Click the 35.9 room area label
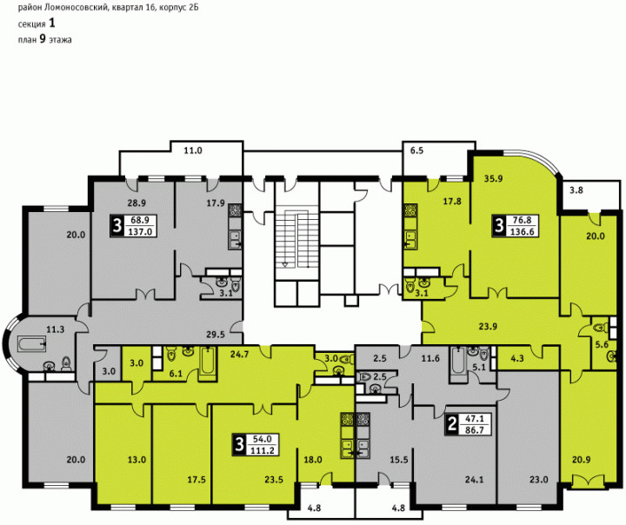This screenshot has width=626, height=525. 493,179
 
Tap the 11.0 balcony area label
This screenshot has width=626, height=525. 193,150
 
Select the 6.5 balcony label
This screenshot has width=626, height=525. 416,151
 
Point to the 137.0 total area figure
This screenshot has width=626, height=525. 140,231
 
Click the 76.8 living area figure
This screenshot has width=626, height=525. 522,221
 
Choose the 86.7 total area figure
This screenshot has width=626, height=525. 475,430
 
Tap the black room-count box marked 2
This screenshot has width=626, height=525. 451,424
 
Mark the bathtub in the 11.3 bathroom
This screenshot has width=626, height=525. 32,343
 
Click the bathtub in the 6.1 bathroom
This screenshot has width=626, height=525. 207,361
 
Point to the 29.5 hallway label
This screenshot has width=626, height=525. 216,335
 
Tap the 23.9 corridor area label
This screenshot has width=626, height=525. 488,327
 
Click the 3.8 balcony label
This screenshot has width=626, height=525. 576,190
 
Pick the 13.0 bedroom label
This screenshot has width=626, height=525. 137,460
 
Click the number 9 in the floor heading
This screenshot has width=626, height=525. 43,39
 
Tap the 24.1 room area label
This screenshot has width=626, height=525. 474,480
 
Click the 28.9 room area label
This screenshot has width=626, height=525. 137,203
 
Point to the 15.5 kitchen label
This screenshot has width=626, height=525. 399,460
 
